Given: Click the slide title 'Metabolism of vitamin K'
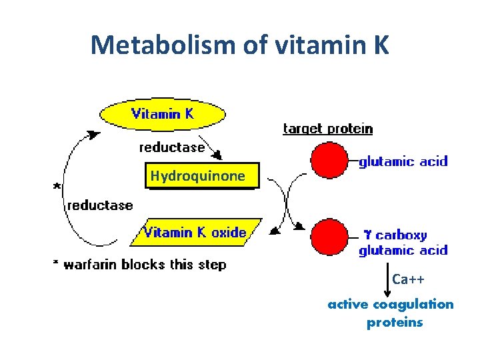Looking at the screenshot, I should point(239,45).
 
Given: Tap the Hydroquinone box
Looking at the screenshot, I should point(198,176).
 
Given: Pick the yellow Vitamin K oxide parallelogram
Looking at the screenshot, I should point(195,233).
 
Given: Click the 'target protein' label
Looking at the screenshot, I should point(327,129).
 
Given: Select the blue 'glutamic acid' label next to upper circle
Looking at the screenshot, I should point(403,161).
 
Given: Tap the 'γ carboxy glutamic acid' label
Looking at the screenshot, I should point(403,243).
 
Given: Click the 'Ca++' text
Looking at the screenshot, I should point(408,279).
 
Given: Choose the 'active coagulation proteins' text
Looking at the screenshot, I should point(391,313).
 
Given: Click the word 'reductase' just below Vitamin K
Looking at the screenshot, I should point(171,147).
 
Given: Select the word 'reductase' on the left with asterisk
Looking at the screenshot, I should point(100,205).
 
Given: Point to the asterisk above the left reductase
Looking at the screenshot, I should point(57,187).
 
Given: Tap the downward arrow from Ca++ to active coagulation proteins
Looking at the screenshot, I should point(387,280).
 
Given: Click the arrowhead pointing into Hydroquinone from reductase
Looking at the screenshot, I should point(215,155).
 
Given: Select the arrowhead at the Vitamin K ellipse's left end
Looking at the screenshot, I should point(95,134).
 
